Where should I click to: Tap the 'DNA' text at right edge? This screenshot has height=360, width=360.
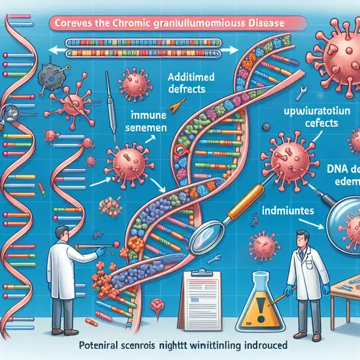coord(343,169)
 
